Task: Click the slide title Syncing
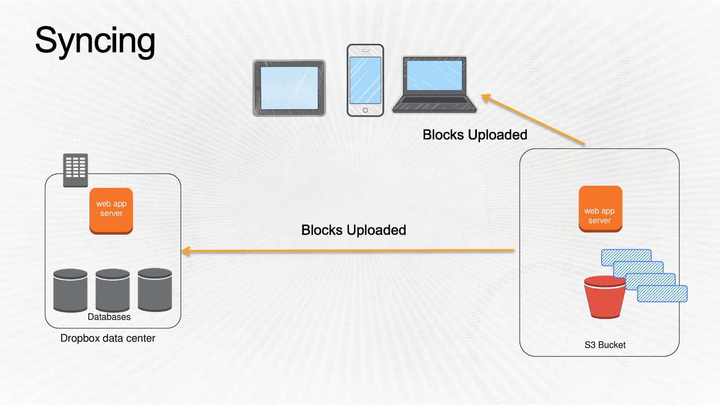click(95, 41)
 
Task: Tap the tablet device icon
click(289, 88)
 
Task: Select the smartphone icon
click(365, 80)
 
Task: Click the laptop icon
click(434, 85)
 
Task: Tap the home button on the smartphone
click(365, 110)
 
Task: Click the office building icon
click(76, 170)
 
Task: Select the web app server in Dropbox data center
click(111, 210)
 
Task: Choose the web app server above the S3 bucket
click(600, 209)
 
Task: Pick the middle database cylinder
click(112, 290)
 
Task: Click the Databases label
click(109, 317)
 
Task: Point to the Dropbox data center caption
click(108, 338)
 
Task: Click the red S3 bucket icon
click(604, 298)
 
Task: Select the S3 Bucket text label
click(605, 345)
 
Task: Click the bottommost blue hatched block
click(662, 294)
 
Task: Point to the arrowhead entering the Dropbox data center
click(185, 251)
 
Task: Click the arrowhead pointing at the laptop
click(486, 97)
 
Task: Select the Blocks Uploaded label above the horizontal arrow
click(353, 230)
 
